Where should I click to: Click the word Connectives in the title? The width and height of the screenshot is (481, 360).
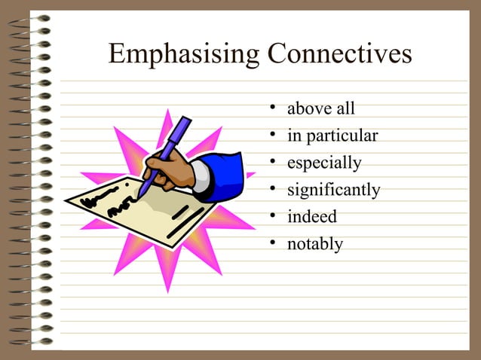tap(340, 55)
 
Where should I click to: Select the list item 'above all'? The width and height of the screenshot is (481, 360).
tap(320, 110)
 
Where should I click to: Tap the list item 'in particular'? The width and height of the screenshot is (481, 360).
tap(332, 136)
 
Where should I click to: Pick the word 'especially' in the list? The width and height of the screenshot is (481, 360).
tap(324, 163)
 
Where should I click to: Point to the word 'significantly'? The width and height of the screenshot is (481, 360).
tap(333, 191)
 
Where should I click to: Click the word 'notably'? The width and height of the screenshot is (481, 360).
tap(314, 244)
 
